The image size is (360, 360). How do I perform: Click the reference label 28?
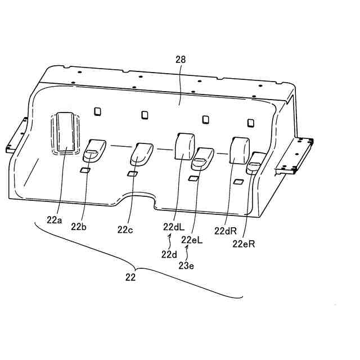coord(181,59)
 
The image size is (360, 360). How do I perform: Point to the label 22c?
coord(125,229)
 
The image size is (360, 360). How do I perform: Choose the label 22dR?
coord(224,230)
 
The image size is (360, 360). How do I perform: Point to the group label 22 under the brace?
coord(131,277)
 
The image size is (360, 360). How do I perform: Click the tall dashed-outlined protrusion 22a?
coord(66,133)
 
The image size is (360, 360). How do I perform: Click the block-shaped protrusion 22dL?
coord(184,147)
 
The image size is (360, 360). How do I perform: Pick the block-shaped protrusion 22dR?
coord(240,150)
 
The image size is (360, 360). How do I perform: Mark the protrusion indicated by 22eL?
coord(202,158)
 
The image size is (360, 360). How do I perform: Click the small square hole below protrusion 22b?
coord(85,170)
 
